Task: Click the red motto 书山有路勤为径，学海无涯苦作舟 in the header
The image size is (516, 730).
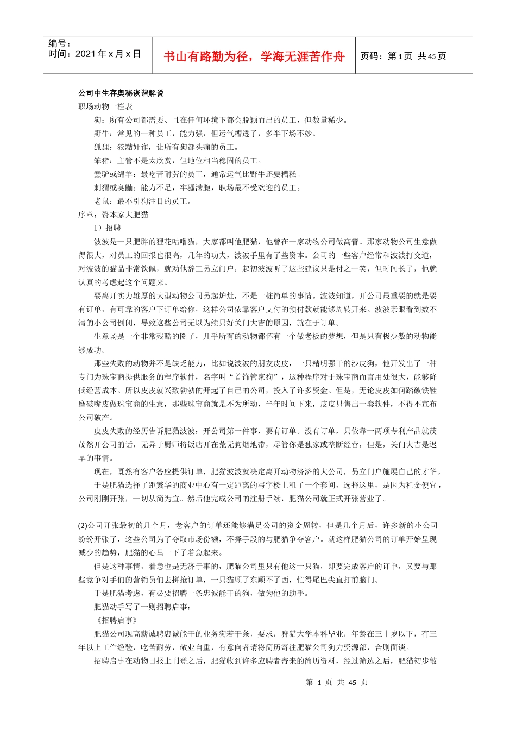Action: pyautogui.click(x=254, y=56)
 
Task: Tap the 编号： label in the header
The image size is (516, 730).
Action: pyautogui.click(x=60, y=43)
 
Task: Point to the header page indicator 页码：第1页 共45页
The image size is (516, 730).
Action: pyautogui.click(x=404, y=56)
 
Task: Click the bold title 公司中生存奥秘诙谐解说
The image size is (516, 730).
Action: pyautogui.click(x=121, y=93)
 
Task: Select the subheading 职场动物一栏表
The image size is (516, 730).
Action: pyautogui.click(x=105, y=106)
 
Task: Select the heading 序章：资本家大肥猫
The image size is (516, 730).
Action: pyautogui.click(x=113, y=215)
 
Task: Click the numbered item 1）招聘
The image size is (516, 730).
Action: pyautogui.click(x=108, y=228)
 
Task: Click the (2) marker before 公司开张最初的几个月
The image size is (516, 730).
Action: pyautogui.click(x=83, y=525)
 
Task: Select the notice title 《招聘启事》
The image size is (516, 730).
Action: pyautogui.click(x=116, y=620)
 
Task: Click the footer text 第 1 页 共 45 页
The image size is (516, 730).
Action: pyautogui.click(x=337, y=682)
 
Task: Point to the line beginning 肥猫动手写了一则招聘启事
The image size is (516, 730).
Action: pyautogui.click(x=142, y=607)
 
